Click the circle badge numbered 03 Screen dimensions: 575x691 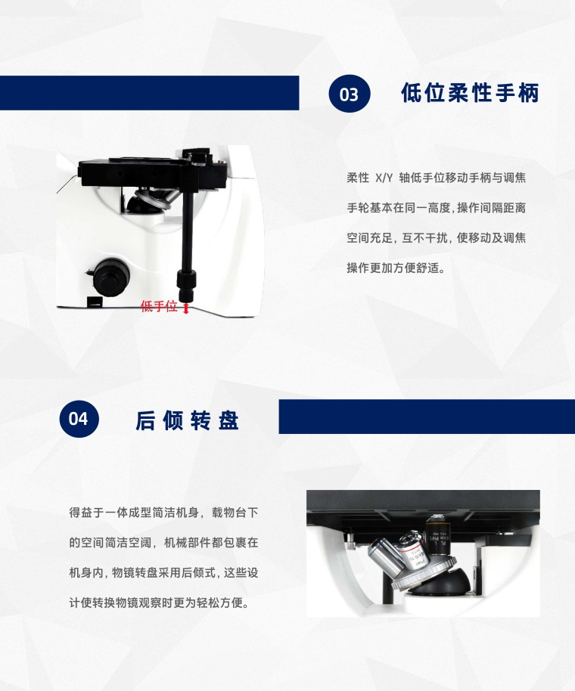click(350, 94)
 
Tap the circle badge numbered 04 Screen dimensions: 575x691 click(79, 419)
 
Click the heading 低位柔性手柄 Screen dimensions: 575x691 click(470, 93)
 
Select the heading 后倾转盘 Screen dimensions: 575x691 click(187, 420)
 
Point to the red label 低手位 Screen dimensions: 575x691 click(159, 306)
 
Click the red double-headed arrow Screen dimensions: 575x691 click(186, 308)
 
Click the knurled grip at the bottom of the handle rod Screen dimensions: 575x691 click(187, 285)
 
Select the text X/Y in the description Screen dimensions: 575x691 click(384, 178)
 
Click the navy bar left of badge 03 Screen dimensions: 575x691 click(150, 93)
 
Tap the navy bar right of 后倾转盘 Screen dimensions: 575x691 click(427, 417)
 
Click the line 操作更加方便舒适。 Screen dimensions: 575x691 click(396, 268)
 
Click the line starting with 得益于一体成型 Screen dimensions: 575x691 click(163, 513)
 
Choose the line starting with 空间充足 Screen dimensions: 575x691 click(436, 238)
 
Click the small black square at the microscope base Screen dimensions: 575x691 click(95, 302)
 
